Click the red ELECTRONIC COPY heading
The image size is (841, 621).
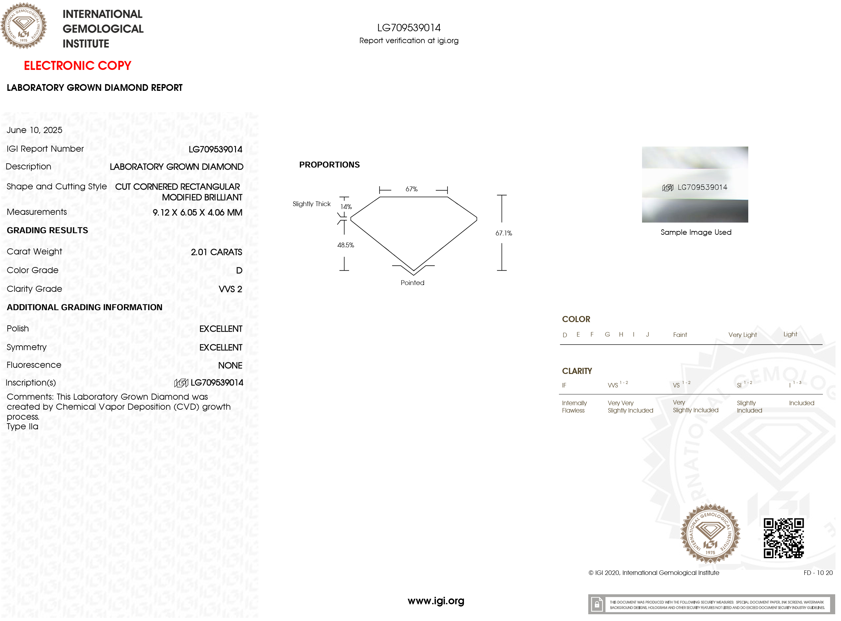77,66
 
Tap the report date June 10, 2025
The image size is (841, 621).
34,130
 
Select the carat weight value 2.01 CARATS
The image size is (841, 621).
217,253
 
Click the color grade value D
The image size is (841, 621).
239,271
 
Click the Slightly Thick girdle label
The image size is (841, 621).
312,204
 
